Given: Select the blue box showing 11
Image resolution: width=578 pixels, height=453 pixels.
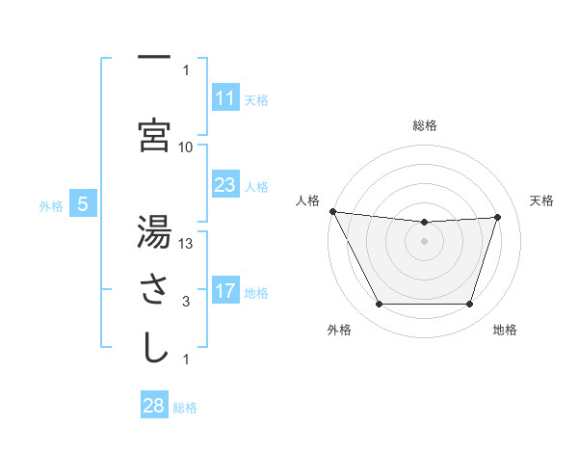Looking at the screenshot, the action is pyautogui.click(x=224, y=98).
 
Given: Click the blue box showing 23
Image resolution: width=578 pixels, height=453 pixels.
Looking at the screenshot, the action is pyautogui.click(x=224, y=185).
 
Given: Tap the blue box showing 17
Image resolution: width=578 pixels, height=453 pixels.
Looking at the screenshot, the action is pyautogui.click(x=224, y=291).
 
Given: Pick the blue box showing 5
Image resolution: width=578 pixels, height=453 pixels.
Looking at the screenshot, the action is pyautogui.click(x=83, y=204).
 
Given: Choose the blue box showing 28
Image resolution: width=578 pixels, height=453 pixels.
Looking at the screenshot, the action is pyautogui.click(x=154, y=406).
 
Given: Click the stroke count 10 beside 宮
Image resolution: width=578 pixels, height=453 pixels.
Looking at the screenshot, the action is pyautogui.click(x=186, y=147).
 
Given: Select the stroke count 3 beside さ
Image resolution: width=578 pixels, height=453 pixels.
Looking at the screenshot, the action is pyautogui.click(x=186, y=302).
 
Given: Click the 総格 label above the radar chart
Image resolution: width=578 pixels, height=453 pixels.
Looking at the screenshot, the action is pyautogui.click(x=425, y=125).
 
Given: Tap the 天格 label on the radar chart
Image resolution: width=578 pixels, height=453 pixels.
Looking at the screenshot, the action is pyautogui.click(x=541, y=200).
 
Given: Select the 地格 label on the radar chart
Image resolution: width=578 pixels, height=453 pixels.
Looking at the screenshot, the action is pyautogui.click(x=505, y=330).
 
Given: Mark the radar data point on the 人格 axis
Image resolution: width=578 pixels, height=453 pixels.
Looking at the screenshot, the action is pyautogui.click(x=332, y=211).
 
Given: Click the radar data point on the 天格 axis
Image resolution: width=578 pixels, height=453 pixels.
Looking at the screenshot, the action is pyautogui.click(x=498, y=217).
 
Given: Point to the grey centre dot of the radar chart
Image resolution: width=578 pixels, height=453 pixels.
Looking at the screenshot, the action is pyautogui.click(x=425, y=241).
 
